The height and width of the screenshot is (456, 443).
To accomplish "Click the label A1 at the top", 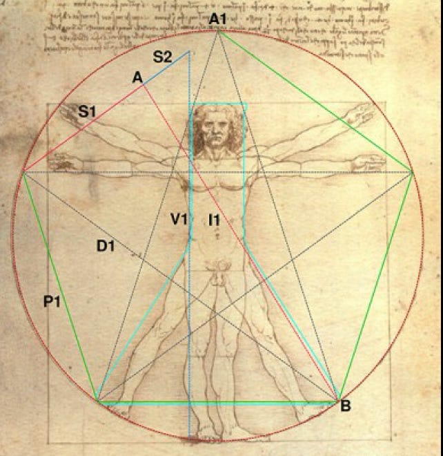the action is point(218,19).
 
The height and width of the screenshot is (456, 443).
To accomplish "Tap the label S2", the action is point(162,57).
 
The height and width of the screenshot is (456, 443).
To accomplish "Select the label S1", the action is point(87,111).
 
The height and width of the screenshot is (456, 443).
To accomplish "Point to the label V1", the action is point(179,220).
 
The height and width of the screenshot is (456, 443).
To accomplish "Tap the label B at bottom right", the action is point(345,406).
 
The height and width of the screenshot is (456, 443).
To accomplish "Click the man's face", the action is point(216,131).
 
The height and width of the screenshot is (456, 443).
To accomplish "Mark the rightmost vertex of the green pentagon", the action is point(412,173).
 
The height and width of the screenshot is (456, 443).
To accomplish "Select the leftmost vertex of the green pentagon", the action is point(24,173).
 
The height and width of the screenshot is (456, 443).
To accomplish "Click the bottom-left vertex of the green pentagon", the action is point(99,401).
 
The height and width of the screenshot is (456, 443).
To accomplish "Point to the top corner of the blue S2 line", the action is point(189,51).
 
